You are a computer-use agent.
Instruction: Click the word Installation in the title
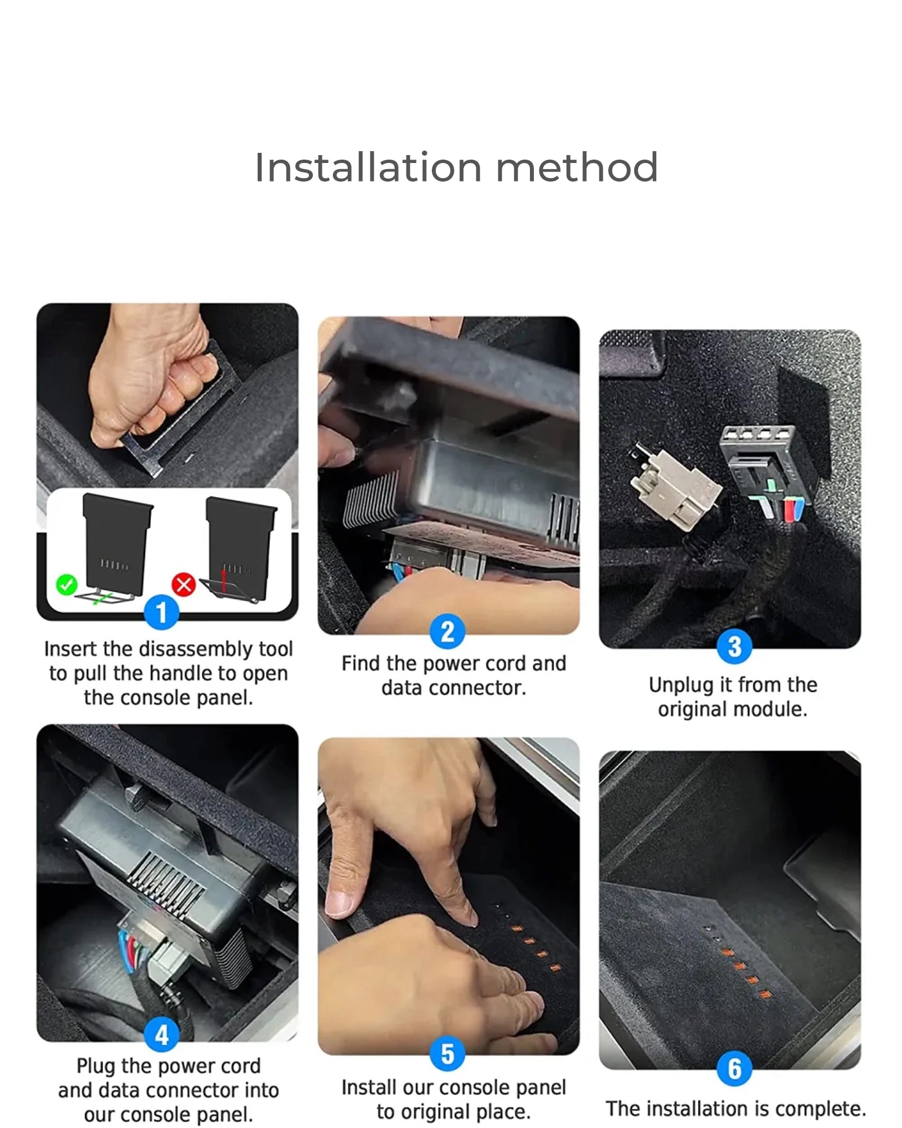(368, 168)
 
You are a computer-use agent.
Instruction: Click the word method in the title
(577, 168)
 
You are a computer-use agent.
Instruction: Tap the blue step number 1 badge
(162, 613)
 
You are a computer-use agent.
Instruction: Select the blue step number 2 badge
(448, 632)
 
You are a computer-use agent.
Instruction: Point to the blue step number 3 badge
(735, 646)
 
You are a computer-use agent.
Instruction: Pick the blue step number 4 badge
(162, 1034)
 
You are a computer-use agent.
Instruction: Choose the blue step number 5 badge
(448, 1054)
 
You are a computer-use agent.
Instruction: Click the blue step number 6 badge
(735, 1068)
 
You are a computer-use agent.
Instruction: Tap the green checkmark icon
(67, 584)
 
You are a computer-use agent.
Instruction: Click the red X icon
(184, 584)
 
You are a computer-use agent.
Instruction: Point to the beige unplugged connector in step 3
(674, 488)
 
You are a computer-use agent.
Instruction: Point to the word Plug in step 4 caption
(96, 1067)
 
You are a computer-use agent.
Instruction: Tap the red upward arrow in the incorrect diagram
(224, 580)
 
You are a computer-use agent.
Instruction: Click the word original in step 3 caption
(691, 710)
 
